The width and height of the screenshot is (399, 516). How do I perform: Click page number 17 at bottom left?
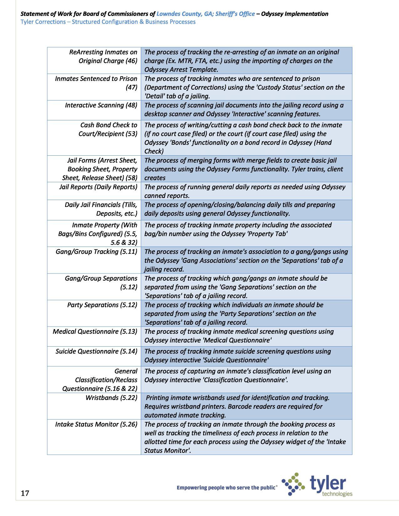tap(25, 493)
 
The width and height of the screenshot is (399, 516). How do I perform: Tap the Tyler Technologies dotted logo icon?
tap(293, 484)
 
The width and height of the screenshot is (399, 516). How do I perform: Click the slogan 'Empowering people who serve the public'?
tap(227, 488)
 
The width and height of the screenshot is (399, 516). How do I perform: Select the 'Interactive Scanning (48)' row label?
tap(101, 105)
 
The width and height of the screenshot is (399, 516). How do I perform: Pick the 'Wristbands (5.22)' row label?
tap(111, 398)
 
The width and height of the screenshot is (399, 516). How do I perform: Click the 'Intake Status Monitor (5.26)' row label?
tap(96, 424)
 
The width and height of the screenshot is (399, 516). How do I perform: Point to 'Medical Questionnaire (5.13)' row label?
tap(95, 332)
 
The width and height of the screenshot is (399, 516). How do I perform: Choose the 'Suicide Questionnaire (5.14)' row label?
tap(96, 352)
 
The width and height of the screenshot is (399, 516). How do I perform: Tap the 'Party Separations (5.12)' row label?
tap(102, 305)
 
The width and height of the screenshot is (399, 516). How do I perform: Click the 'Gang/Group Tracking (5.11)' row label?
tap(96, 252)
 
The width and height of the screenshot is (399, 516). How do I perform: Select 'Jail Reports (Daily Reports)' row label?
tap(98, 187)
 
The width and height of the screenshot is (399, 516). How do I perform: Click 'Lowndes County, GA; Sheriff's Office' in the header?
tap(205, 14)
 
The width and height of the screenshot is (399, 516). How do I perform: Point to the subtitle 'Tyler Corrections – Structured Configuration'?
tap(108, 22)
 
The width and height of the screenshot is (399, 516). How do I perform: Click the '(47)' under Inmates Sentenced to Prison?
tap(131, 88)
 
